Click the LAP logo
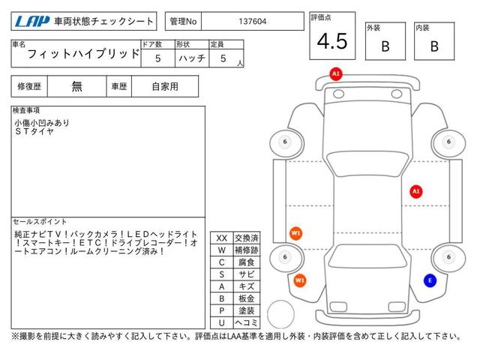(x=29, y=21)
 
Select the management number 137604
(x=251, y=21)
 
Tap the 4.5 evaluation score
(x=331, y=42)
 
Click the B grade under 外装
(x=385, y=46)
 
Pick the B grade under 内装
(x=433, y=46)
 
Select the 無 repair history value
(x=77, y=86)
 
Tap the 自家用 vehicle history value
(x=165, y=86)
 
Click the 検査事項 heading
(x=27, y=110)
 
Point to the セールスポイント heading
(x=39, y=221)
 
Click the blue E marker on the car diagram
(x=429, y=280)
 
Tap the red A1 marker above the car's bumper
(x=335, y=73)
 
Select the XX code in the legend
(x=221, y=238)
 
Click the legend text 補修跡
(x=246, y=250)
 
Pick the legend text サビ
(x=246, y=274)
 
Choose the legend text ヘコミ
(x=246, y=322)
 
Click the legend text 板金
(x=246, y=298)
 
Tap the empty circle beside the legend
(x=281, y=313)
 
